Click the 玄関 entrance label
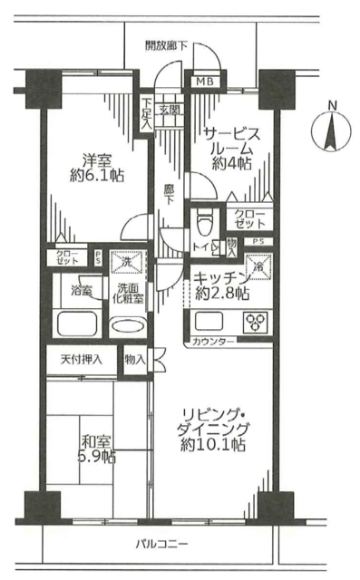pos(170,111)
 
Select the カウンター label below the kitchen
pos(214,342)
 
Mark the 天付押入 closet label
pos(82,360)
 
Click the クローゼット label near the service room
pos(249,218)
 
